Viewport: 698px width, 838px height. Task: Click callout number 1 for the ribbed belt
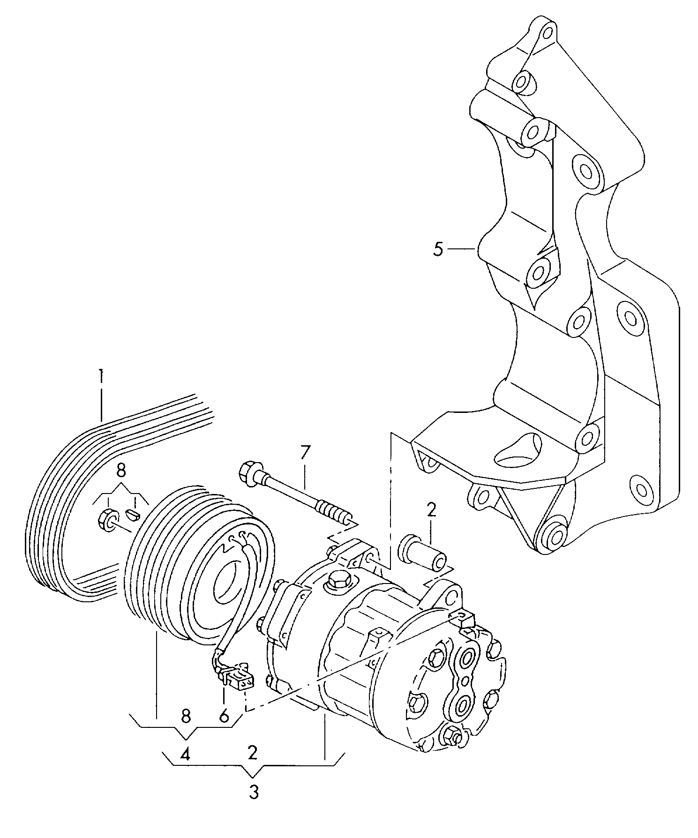pos(101,377)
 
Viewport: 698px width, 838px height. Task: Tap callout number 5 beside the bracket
pos(437,249)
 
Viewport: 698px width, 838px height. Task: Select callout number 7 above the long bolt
pos(305,453)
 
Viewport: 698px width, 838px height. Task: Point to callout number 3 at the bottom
pos(253,792)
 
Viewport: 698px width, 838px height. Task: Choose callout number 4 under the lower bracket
pos(186,754)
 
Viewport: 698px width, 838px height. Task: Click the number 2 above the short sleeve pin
pos(431,510)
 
